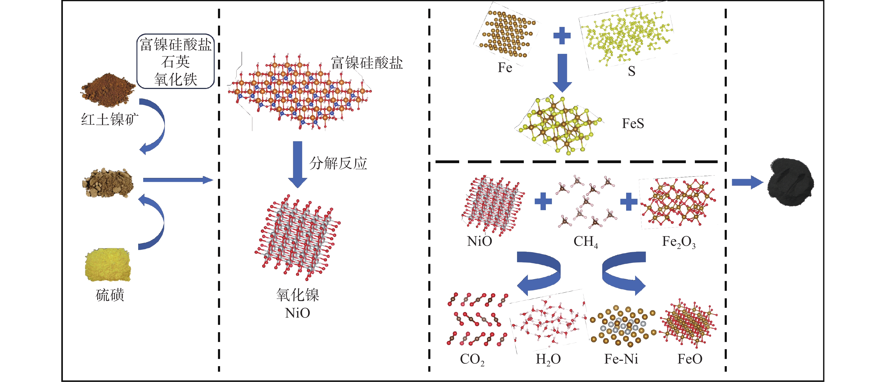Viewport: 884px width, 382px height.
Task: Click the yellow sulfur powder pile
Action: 108,265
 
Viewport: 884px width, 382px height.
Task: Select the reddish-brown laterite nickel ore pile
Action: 108,89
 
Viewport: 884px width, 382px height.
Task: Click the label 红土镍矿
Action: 109,120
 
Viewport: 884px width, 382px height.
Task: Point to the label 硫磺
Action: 110,295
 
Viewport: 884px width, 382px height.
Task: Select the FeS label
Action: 633,124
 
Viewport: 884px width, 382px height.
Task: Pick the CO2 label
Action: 472,359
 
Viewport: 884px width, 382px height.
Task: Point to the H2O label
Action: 548,359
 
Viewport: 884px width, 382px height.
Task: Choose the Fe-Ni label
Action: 621,359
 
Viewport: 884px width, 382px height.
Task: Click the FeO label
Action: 690,359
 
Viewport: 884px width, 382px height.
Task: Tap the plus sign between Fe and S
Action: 562,36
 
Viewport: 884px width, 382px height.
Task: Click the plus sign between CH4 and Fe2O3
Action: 629,202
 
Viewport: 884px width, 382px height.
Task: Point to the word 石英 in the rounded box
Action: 175,62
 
